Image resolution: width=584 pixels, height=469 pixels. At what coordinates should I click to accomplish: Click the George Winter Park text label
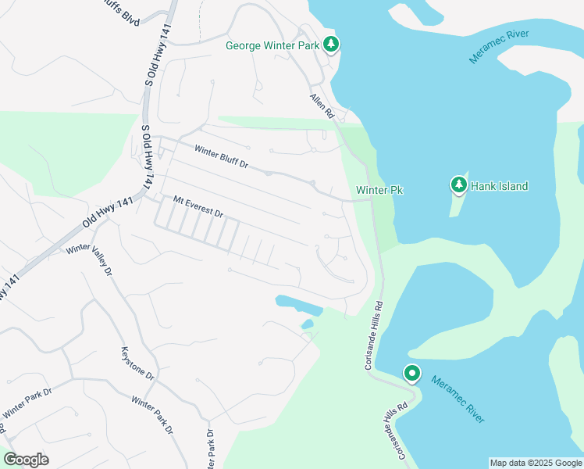pyautogui.click(x=272, y=45)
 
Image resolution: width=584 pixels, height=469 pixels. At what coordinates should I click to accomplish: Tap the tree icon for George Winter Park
pyautogui.click(x=332, y=45)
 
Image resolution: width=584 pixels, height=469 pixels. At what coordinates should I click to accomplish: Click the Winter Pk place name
pyautogui.click(x=378, y=190)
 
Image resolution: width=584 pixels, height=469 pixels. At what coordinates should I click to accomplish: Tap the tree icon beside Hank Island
pyautogui.click(x=458, y=185)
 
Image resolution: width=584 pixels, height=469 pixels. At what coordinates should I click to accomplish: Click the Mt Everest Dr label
pyautogui.click(x=198, y=207)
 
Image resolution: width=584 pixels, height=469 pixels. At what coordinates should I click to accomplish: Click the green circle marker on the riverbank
pyautogui.click(x=411, y=374)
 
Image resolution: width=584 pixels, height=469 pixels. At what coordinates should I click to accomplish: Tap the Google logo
pyautogui.click(x=26, y=460)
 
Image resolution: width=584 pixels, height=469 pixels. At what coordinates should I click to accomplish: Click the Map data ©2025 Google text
pyautogui.click(x=536, y=463)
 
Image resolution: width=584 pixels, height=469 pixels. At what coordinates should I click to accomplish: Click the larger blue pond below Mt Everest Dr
pyautogui.click(x=297, y=303)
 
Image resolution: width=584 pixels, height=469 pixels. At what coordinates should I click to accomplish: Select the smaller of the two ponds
pyautogui.click(x=307, y=324)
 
